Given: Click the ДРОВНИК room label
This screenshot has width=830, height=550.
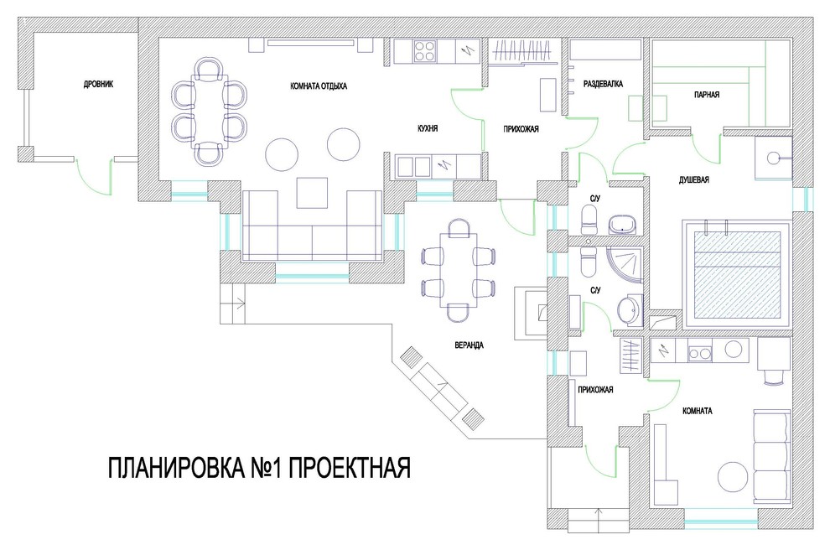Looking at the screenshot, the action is tap(98, 84).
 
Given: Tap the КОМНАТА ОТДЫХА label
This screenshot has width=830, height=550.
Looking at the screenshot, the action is tap(319, 86).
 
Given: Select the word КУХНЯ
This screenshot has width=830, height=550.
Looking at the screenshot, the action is tap(428, 128).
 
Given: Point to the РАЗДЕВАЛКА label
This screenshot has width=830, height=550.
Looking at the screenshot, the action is tap(603, 84).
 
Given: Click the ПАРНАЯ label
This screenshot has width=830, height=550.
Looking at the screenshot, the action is tap(707, 95).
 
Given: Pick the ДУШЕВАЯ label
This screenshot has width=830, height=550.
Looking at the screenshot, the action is tap(694, 180).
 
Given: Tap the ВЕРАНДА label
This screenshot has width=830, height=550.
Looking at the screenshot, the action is tap(469, 345).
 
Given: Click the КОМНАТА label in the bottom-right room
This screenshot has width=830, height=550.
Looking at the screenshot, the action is tap(698, 411).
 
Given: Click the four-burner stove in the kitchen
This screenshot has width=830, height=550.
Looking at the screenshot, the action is tap(426, 51).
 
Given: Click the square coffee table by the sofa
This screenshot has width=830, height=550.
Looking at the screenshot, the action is tap(313, 193).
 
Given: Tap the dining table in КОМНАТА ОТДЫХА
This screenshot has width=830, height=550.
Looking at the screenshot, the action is tap(210, 112).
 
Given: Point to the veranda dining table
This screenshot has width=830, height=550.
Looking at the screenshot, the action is tap(458, 270).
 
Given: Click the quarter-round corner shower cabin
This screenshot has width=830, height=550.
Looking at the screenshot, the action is tap(625, 265).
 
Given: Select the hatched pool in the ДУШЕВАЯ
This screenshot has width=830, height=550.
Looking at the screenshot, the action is tap(738, 273).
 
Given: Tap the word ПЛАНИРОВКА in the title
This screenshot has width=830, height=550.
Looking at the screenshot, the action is tap(176, 468).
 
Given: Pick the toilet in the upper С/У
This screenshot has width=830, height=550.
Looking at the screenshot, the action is tap(589, 220).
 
